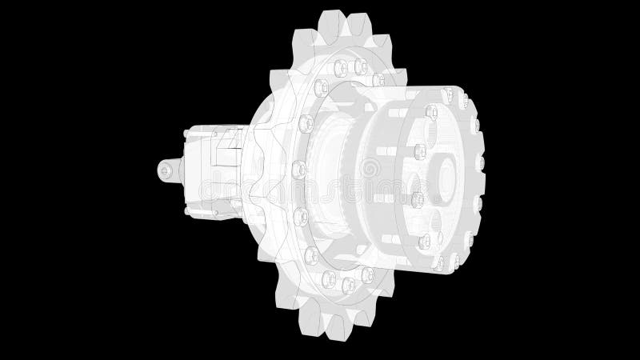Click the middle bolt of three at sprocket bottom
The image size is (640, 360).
(x=346, y=284)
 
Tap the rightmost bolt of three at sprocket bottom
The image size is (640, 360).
(x=366, y=275)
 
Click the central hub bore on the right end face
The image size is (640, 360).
(x=444, y=173)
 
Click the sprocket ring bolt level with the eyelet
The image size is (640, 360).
(x=299, y=169)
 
